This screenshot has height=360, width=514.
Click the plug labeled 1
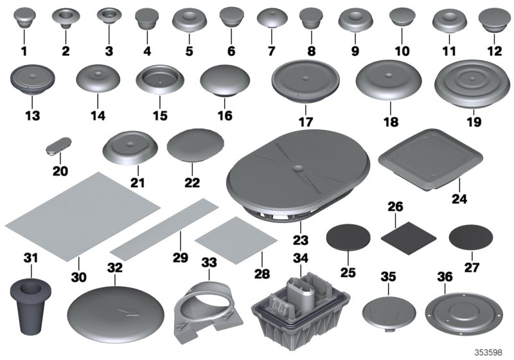click(25, 17)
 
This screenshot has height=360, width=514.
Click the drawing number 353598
click(490, 352)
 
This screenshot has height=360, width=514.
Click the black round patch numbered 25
click(348, 239)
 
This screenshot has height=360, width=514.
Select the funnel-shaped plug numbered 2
click(66, 17)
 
